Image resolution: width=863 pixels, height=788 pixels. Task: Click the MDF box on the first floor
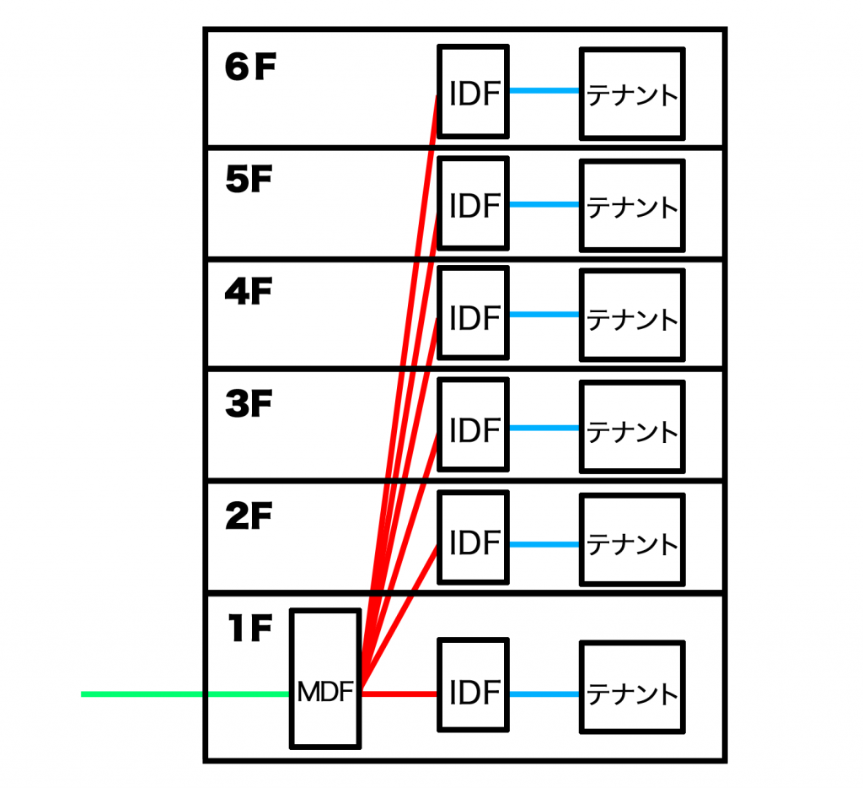click(325, 679)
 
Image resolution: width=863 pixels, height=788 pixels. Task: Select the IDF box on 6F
click(474, 91)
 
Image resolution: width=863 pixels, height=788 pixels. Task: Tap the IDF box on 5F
click(474, 203)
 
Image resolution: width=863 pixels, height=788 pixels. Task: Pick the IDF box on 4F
click(474, 313)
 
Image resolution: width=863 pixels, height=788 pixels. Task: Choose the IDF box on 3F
click(474, 425)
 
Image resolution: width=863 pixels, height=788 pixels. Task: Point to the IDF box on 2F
click(474, 537)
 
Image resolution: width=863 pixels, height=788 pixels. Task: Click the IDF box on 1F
click(474, 685)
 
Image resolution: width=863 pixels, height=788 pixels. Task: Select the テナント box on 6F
click(632, 94)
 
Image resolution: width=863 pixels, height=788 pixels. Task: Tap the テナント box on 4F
click(632, 316)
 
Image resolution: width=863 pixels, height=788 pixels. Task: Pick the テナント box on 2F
click(632, 539)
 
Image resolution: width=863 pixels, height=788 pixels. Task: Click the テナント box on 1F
click(632, 687)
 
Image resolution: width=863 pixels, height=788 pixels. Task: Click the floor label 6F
click(250, 67)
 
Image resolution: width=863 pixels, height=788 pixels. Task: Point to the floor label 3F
click(249, 403)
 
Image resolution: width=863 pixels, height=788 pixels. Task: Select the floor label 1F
click(250, 629)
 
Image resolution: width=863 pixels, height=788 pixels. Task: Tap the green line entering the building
click(185, 694)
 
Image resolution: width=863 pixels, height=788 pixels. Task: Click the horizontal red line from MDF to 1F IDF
click(399, 694)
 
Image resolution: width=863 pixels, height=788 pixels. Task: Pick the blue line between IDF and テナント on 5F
click(544, 204)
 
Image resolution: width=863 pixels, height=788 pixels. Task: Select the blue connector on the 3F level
click(544, 428)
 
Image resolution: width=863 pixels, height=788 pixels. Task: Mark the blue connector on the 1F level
click(544, 694)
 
